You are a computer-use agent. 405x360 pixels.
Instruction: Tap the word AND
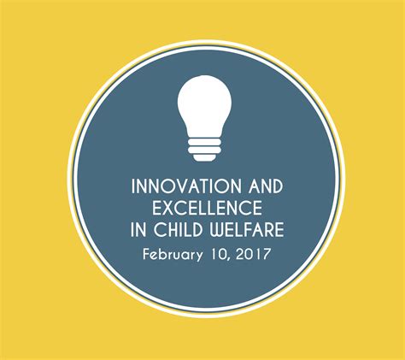(x=266, y=186)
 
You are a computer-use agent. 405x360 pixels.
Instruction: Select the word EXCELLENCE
(x=207, y=208)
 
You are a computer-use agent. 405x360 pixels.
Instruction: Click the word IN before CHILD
(x=138, y=229)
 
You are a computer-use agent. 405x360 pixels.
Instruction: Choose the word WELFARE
(x=247, y=229)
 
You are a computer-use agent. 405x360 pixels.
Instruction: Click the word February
(x=173, y=254)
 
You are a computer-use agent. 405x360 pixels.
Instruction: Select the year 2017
(x=253, y=254)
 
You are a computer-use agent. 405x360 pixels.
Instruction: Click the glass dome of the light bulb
(x=204, y=105)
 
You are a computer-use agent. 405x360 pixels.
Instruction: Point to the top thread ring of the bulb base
(x=204, y=142)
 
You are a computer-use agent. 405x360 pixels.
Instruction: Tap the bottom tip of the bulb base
(x=204, y=158)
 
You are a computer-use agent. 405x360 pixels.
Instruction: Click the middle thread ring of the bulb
(x=204, y=150)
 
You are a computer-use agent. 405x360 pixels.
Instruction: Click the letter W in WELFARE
(x=219, y=229)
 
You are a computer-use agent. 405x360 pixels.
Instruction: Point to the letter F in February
(x=146, y=254)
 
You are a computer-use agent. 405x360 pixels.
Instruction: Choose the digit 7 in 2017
(x=266, y=254)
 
